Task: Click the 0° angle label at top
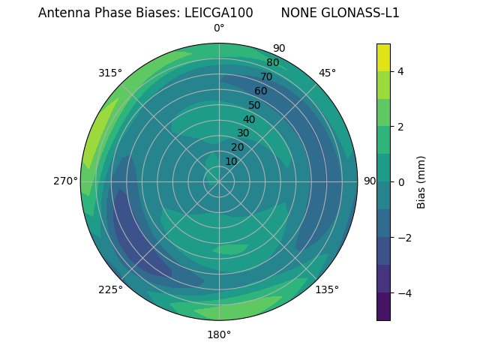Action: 219,28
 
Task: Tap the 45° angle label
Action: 327,73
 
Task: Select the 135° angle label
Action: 327,289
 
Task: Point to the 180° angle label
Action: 219,334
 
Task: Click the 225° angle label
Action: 110,289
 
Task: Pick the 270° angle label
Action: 66,181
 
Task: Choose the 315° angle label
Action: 110,73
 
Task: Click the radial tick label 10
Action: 231,161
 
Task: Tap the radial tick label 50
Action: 254,105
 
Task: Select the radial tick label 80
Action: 272,63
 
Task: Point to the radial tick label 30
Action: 243,133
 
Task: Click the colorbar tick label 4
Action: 401,71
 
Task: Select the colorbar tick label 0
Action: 401,181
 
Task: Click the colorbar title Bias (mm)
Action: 421,181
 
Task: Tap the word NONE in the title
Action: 297,13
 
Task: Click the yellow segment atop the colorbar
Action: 383,57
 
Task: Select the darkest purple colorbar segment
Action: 383,307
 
